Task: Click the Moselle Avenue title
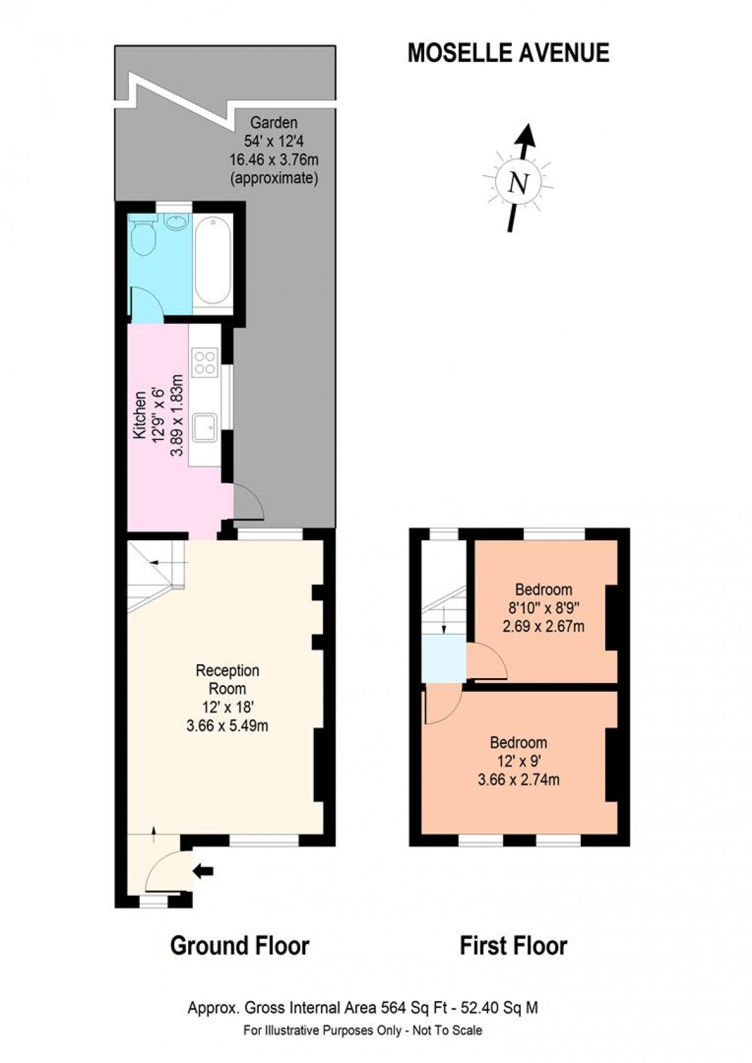[508, 53]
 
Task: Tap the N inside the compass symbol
[518, 184]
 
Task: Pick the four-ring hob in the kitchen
[205, 362]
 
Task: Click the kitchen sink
[205, 427]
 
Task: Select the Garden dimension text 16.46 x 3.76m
[274, 159]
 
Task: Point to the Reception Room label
[227, 679]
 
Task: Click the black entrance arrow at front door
[204, 871]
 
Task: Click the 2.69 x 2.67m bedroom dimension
[543, 626]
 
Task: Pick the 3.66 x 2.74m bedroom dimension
[518, 780]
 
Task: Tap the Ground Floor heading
[239, 945]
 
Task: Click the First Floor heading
[513, 945]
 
